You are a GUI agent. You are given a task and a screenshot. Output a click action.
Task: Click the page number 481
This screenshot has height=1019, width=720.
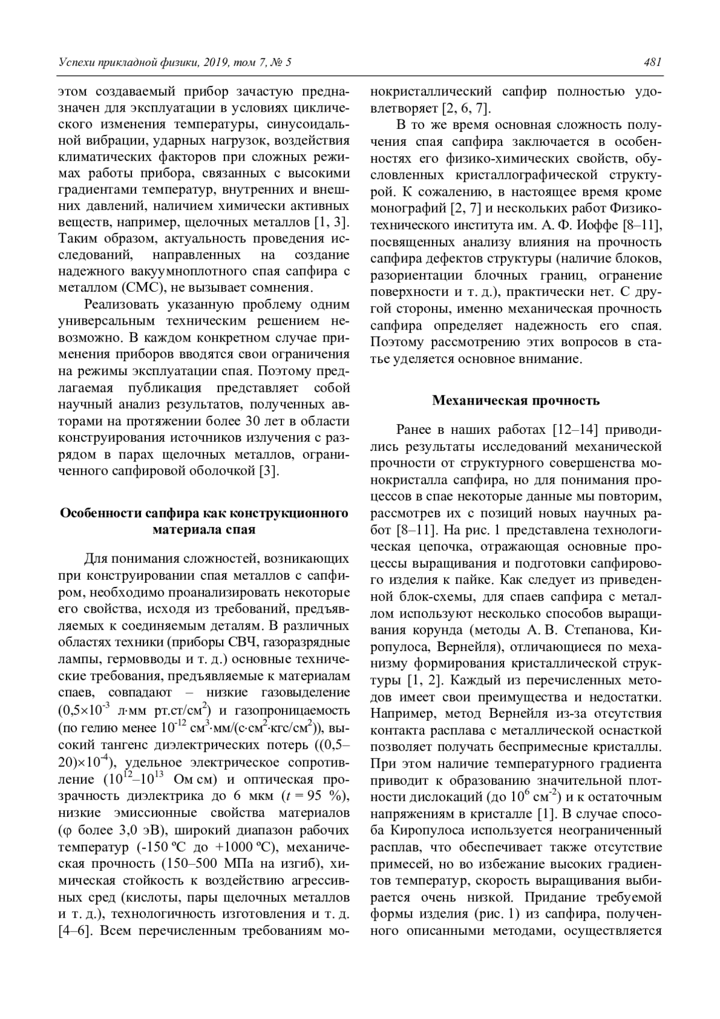[652, 62]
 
